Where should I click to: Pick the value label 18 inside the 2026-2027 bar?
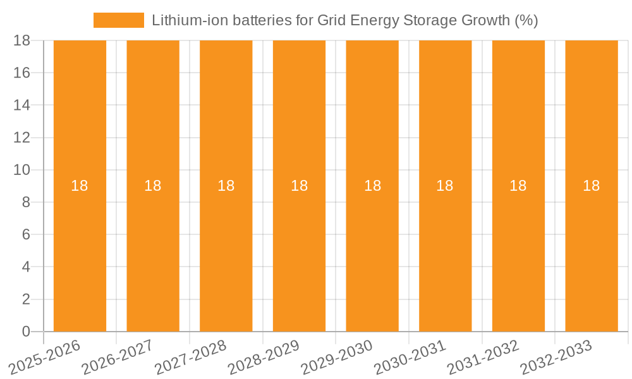click(153, 186)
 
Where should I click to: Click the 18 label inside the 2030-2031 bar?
click(445, 186)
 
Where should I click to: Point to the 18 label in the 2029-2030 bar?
click(372, 186)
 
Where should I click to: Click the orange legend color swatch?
click(119, 20)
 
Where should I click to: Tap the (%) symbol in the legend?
click(526, 20)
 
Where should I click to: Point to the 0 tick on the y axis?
click(26, 332)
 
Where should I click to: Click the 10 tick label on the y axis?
click(22, 170)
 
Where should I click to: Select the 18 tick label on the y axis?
click(22, 40)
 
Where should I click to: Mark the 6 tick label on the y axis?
click(26, 234)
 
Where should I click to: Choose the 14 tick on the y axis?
click(22, 105)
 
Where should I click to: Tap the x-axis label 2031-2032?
click(484, 358)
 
